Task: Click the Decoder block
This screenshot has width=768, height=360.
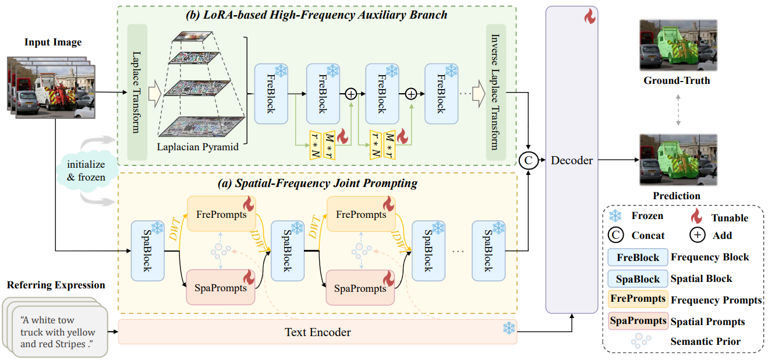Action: click(x=571, y=160)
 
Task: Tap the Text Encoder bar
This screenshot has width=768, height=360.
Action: click(x=317, y=332)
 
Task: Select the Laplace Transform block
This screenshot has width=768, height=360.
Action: click(x=137, y=93)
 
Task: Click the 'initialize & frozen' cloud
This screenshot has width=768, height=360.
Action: click(x=86, y=168)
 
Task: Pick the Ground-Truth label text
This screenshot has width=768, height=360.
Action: click(x=677, y=80)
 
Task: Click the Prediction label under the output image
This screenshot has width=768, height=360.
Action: click(x=677, y=196)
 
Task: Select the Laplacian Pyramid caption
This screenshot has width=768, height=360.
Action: click(x=197, y=147)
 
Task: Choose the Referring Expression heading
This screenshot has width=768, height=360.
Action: click(x=56, y=285)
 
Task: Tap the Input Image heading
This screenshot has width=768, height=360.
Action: click(x=53, y=42)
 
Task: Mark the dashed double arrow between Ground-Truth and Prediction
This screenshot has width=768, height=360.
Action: click(x=677, y=110)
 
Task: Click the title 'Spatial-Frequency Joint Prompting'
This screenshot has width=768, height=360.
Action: click(x=317, y=183)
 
